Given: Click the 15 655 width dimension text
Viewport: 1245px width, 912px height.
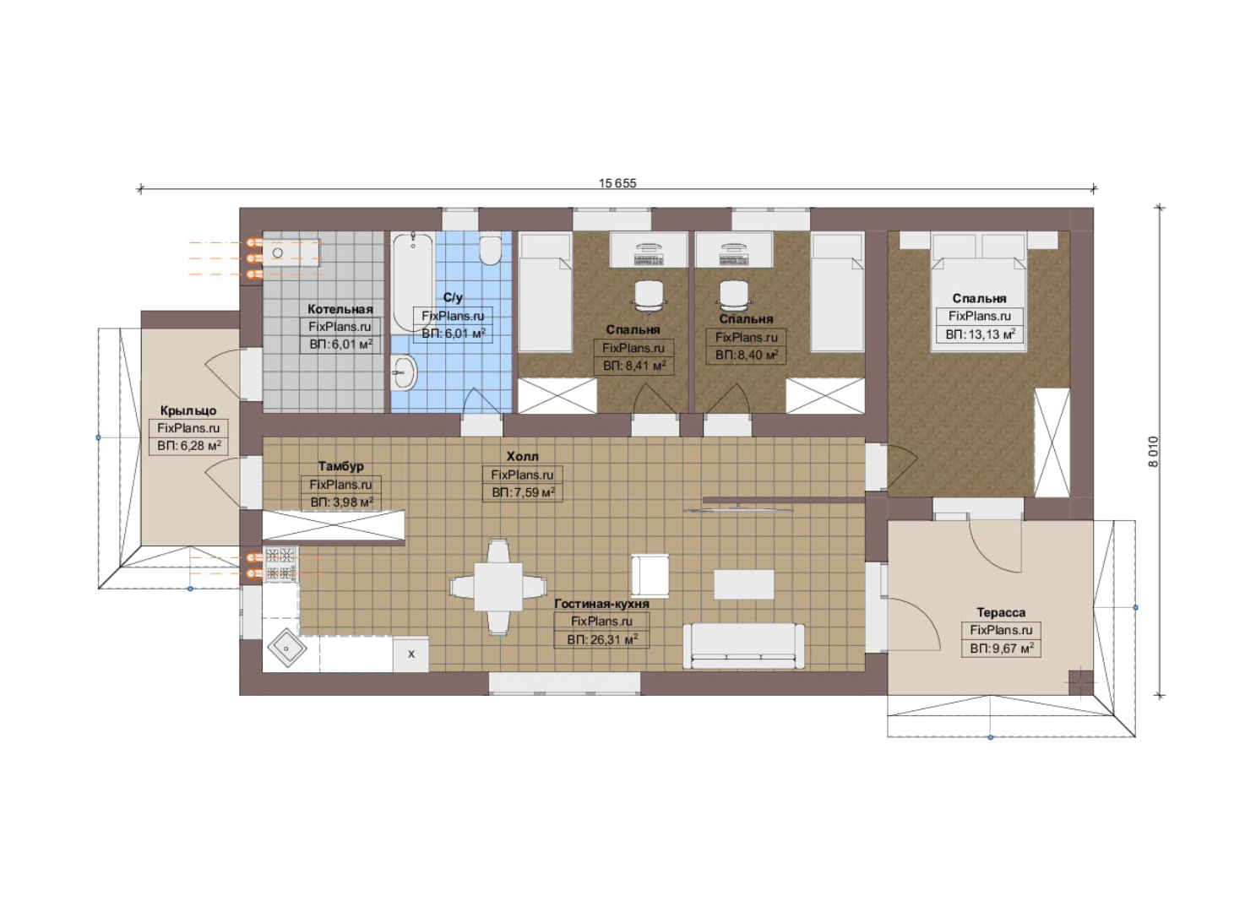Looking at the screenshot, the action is pyautogui.click(x=617, y=183).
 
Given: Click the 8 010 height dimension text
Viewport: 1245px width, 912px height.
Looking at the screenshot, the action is pyautogui.click(x=1153, y=451).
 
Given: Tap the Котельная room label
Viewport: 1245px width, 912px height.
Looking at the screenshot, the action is pyautogui.click(x=340, y=309).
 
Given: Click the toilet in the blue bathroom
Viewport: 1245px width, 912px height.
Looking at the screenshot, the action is pyautogui.click(x=490, y=251).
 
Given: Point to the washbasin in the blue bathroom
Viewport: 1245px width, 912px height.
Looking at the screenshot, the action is pyautogui.click(x=404, y=372).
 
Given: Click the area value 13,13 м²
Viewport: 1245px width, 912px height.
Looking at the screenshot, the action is pyautogui.click(x=980, y=334).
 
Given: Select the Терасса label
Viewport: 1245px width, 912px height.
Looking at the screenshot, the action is pyautogui.click(x=1001, y=612).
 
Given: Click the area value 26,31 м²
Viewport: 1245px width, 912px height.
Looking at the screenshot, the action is pyautogui.click(x=602, y=640).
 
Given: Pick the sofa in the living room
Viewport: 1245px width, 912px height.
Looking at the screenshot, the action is pyautogui.click(x=743, y=646).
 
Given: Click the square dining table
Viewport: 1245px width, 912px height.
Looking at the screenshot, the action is pyautogui.click(x=498, y=587).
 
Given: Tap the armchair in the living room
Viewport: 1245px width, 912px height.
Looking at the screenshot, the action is pyautogui.click(x=650, y=576).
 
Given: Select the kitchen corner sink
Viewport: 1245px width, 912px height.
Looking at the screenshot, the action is pyautogui.click(x=287, y=648).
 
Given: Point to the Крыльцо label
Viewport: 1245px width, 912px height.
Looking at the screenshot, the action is pyautogui.click(x=188, y=410).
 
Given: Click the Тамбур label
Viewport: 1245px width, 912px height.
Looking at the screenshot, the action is pyautogui.click(x=340, y=466).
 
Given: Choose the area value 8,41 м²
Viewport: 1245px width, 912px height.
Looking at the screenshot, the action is pyautogui.click(x=634, y=366).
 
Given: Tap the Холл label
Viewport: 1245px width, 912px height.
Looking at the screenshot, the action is pyautogui.click(x=523, y=456).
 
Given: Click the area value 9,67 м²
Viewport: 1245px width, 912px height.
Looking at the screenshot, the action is pyautogui.click(x=1002, y=648).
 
